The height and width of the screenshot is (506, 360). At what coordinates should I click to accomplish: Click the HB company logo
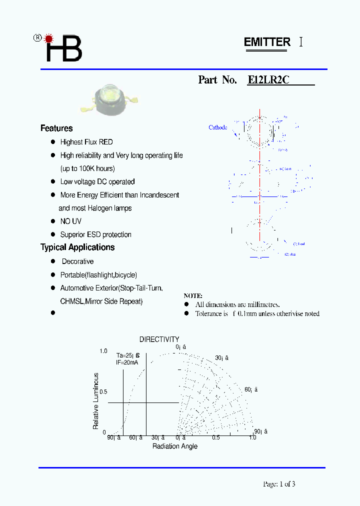tap(60, 48)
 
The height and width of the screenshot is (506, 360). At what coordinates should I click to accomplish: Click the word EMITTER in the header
tap(267, 42)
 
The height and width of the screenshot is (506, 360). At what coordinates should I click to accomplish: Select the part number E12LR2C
tap(268, 80)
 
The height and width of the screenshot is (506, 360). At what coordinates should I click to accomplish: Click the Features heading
tap(56, 128)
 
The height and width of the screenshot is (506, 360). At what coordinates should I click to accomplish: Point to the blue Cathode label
tap(217, 127)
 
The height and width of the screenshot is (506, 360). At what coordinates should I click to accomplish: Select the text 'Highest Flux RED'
tap(86, 142)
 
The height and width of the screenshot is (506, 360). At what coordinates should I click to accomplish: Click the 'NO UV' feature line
tap(70, 221)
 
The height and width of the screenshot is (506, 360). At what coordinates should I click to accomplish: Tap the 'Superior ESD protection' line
tap(95, 234)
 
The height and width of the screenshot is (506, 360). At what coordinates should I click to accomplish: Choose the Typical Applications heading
tap(77, 247)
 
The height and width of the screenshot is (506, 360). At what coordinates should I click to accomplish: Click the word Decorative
tap(77, 261)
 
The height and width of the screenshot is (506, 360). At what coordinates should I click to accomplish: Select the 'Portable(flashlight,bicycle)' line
tap(98, 275)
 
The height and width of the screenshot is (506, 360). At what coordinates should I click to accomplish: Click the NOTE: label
tap(193, 296)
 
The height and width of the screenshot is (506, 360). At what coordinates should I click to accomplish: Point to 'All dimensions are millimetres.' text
tap(237, 304)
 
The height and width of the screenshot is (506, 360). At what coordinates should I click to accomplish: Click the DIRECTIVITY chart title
tap(159, 339)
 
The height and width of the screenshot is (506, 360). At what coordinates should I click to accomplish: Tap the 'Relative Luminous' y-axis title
tap(96, 401)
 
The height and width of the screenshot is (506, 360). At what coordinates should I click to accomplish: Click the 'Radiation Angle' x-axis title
tap(175, 446)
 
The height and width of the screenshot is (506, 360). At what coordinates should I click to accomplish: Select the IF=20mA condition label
tap(127, 362)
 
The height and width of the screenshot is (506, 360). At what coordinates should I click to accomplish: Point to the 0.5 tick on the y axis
tap(103, 391)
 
